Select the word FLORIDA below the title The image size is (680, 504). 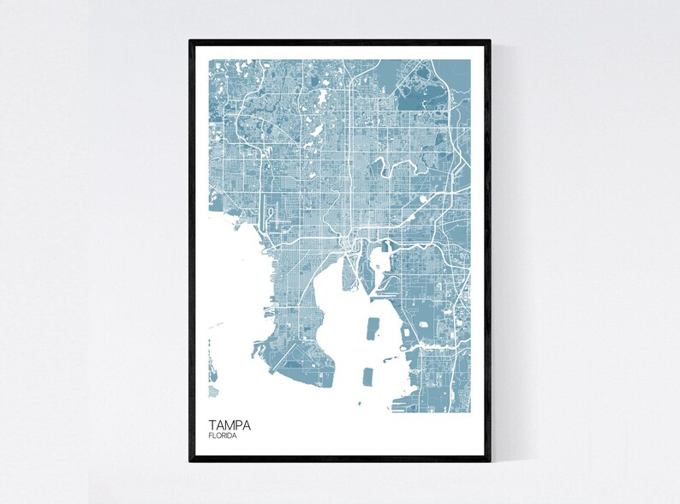pos(223,436)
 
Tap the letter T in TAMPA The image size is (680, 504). pos(212,424)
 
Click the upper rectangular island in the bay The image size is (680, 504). pos(373,330)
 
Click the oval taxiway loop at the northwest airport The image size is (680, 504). pos(271,211)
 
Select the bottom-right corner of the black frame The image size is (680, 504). pos(489,460)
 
